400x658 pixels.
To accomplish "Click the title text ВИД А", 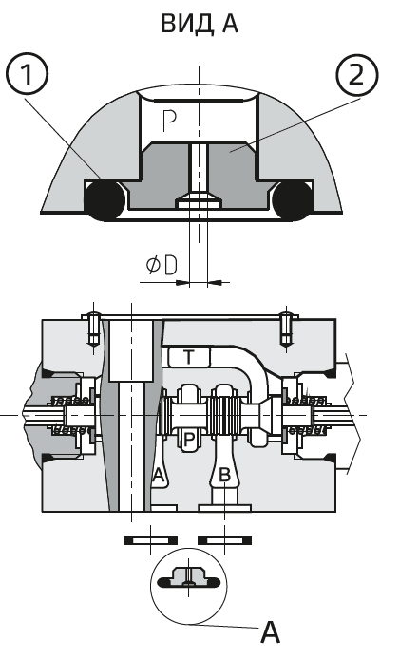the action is pyautogui.click(x=200, y=24).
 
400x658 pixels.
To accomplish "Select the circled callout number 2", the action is pyautogui.click(x=356, y=75).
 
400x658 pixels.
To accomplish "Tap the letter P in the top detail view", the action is pyautogui.click(x=169, y=120).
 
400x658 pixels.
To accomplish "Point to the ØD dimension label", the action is pyautogui.click(x=162, y=265).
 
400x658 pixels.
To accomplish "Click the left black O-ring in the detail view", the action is pyautogui.click(x=105, y=199).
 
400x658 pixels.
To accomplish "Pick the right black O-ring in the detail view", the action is pyautogui.click(x=293, y=199).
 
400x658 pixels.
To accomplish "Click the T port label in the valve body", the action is pyautogui.click(x=189, y=357).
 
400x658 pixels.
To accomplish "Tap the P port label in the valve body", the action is pyautogui.click(x=189, y=440).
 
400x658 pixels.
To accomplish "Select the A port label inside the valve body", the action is pyautogui.click(x=158, y=475).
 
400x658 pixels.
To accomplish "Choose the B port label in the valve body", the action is pyautogui.click(x=225, y=476).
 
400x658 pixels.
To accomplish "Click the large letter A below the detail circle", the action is pyautogui.click(x=270, y=631).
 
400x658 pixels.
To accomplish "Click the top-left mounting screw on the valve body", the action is pyautogui.click(x=93, y=329).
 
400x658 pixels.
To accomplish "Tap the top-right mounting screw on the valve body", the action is pyautogui.click(x=286, y=329).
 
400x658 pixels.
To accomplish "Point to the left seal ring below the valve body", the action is pyautogui.click(x=150, y=540).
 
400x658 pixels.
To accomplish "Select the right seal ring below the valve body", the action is pyautogui.click(x=224, y=540).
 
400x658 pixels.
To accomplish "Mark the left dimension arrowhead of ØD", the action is pyautogui.click(x=182, y=283).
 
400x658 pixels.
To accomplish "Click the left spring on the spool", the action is pyautogui.click(x=70, y=415).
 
